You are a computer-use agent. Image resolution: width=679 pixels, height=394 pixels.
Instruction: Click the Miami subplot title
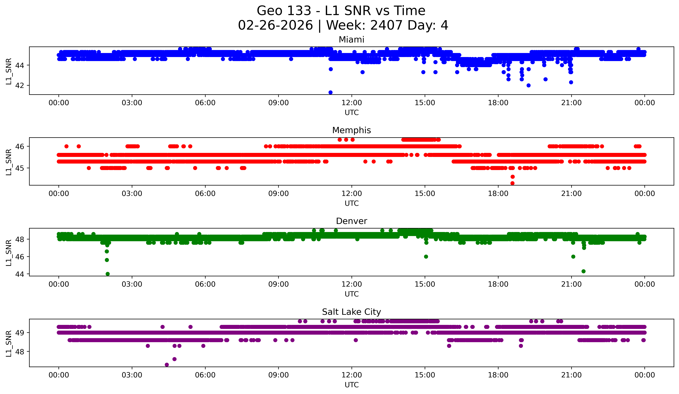pos(351,40)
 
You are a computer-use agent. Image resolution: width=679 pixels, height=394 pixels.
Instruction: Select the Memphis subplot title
pos(351,130)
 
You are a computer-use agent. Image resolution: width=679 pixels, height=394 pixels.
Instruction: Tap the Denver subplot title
pos(351,221)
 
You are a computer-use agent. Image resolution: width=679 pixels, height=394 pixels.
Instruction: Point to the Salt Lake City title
pos(351,312)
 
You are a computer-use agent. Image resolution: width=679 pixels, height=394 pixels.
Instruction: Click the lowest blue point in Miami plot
pos(330,92)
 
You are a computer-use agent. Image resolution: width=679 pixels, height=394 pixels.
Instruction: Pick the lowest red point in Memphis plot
pos(513,183)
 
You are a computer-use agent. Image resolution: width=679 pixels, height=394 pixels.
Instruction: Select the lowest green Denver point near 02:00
pos(107,274)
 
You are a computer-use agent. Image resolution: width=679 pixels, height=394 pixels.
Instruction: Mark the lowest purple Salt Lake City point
pos(167,365)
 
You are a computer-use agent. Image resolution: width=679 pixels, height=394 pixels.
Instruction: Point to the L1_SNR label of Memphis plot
pos(9,162)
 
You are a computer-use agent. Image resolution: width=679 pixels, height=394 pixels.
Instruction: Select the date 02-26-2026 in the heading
pos(275,25)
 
